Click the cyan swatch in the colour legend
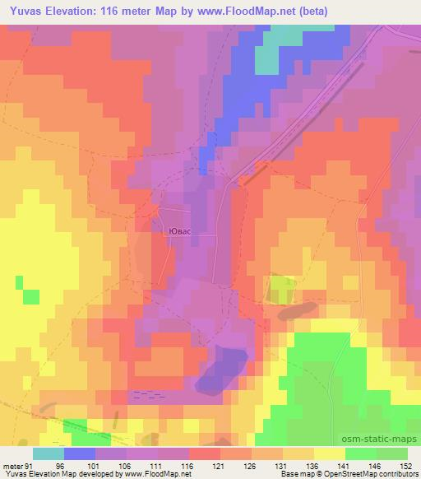point(49,453)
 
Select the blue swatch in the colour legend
point(80,453)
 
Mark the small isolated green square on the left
point(31,296)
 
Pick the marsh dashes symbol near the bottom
point(143,393)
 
